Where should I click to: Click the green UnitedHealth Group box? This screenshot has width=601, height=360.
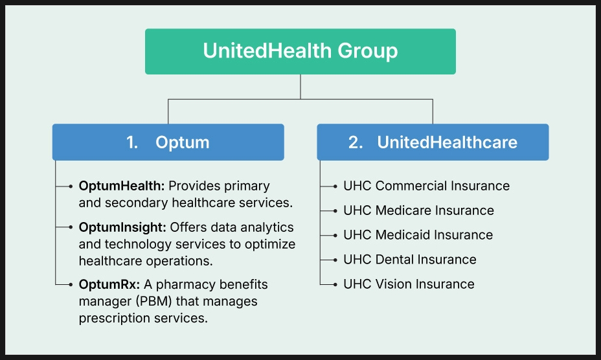coord(300,51)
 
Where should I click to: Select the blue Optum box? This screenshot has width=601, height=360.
coord(168,142)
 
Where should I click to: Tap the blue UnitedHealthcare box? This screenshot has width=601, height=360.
coord(433,142)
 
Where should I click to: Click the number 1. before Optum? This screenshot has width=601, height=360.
coord(132,142)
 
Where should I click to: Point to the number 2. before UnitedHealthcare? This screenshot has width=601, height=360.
coord(356,142)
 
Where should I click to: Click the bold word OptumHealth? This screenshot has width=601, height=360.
coord(122,186)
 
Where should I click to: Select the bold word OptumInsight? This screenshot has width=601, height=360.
coord(122,227)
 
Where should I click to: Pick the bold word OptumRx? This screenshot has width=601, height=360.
coord(109,284)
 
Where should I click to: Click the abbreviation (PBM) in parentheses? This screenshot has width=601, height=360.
coord(153,301)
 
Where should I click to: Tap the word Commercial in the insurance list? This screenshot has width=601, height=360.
coord(411,186)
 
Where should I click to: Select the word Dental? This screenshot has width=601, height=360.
coord(394,260)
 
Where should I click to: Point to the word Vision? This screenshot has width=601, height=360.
coord(393,284)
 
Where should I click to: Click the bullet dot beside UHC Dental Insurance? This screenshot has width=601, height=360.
coord(335,260)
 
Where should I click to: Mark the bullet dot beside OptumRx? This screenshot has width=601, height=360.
coord(71,284)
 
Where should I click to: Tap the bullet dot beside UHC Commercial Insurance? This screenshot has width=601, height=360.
coord(335,186)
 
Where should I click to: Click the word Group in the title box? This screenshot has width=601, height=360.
coord(368,51)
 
